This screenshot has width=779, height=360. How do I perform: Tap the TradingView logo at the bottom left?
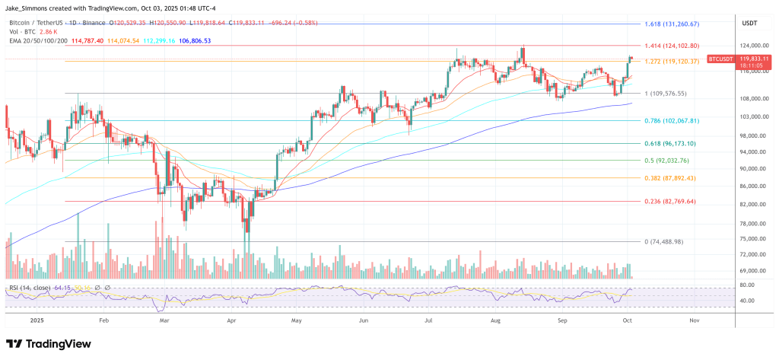click(49, 342)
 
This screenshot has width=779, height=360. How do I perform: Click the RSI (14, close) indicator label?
click(30, 287)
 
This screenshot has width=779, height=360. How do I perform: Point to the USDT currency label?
click(749, 24)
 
